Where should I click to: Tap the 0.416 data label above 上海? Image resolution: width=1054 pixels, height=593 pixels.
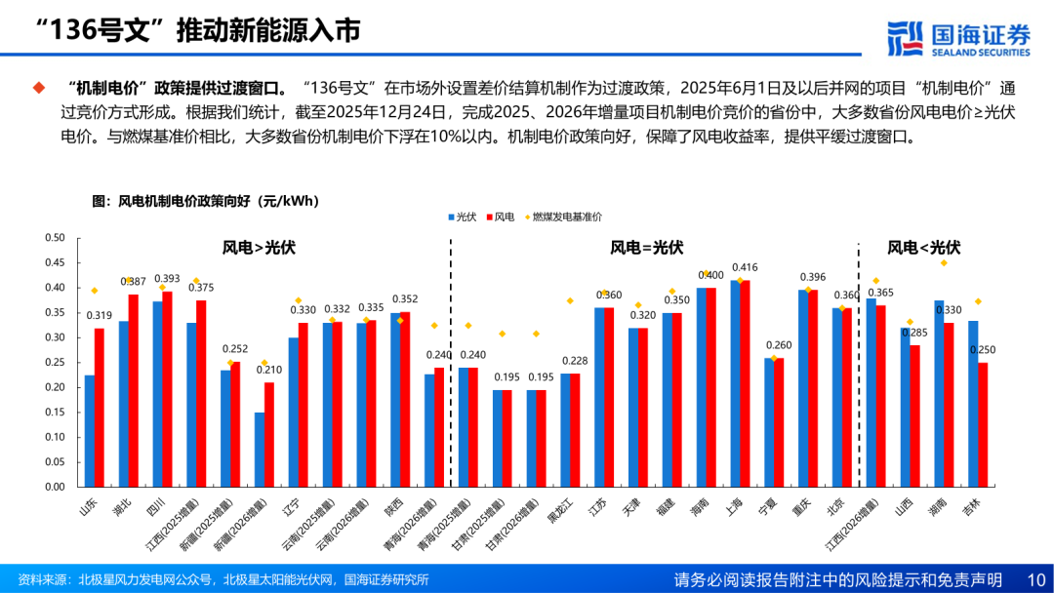click(745, 267)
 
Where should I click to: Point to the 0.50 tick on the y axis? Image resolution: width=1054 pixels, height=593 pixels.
click(55, 238)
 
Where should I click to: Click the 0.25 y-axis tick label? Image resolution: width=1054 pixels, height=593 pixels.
click(55, 363)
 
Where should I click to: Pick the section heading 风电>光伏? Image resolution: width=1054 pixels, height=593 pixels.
click(259, 248)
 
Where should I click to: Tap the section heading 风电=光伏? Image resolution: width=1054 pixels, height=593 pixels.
click(647, 248)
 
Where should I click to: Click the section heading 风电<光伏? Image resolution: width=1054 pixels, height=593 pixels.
click(923, 248)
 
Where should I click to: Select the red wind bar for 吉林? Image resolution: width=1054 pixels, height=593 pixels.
click(983, 424)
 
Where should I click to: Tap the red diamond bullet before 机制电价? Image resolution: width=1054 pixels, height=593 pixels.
click(39, 88)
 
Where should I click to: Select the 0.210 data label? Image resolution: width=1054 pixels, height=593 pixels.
click(267, 370)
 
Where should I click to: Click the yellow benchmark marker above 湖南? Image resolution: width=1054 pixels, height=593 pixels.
click(944, 263)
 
